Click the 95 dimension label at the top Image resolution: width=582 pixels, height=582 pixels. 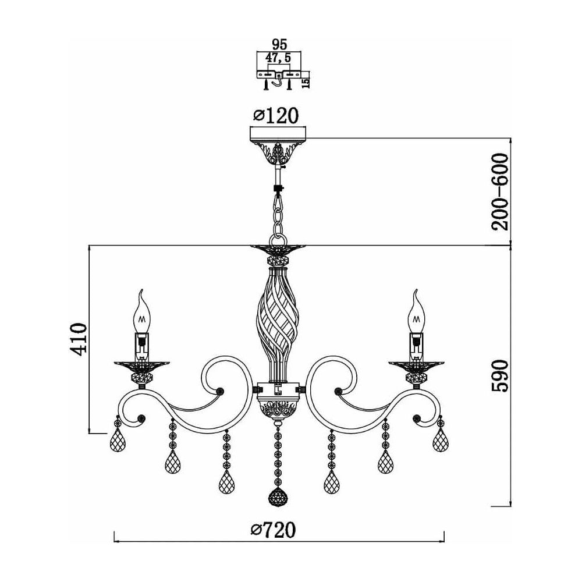pyautogui.click(x=279, y=45)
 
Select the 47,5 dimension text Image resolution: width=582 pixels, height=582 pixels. pyautogui.click(x=278, y=58)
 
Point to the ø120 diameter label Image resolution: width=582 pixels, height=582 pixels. pyautogui.click(x=275, y=116)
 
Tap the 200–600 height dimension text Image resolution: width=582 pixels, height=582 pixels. pyautogui.click(x=499, y=192)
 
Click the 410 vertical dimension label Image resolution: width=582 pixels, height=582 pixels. pyautogui.click(x=79, y=339)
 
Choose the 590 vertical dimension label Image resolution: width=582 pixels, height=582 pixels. pyautogui.click(x=499, y=375)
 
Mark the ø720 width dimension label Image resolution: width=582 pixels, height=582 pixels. pyautogui.click(x=274, y=530)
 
